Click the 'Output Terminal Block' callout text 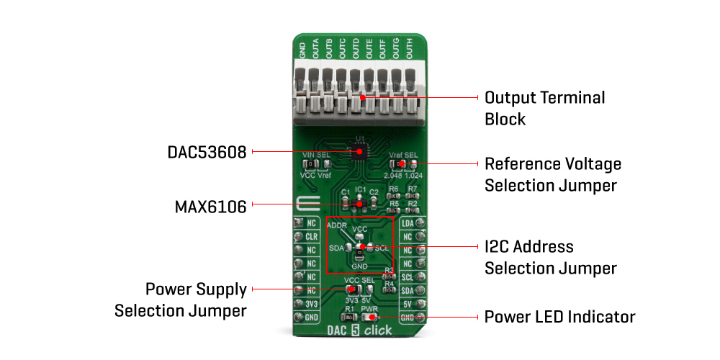(x=544, y=108)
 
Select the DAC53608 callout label (x=207, y=153)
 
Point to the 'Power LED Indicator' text (x=559, y=317)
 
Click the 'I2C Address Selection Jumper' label (x=551, y=257)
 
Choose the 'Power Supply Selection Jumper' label (x=181, y=300)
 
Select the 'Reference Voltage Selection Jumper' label (x=552, y=174)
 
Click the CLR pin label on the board (x=312, y=236)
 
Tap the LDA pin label (x=408, y=224)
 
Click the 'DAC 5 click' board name (x=360, y=330)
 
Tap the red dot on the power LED (x=372, y=317)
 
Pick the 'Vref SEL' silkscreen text (x=403, y=155)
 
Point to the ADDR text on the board (x=336, y=225)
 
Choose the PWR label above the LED (x=369, y=307)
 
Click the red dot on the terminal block (x=363, y=97)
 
